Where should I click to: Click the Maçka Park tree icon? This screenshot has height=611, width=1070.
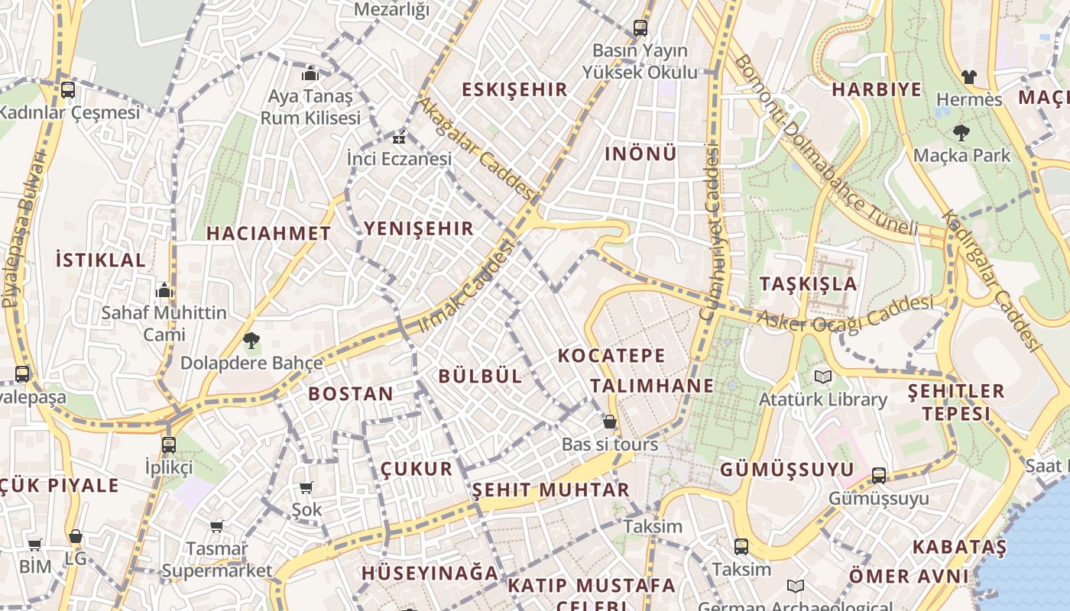[x=961, y=133]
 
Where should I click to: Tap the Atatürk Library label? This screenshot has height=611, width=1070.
[x=823, y=399]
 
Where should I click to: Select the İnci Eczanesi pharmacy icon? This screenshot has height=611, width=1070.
[x=399, y=138]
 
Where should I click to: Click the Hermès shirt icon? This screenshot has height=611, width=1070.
[x=969, y=77]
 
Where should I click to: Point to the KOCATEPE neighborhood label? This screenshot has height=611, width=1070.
[x=611, y=356]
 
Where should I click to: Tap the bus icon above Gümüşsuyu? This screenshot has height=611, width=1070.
[x=879, y=476]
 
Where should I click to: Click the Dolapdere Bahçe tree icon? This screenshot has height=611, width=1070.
[x=251, y=341]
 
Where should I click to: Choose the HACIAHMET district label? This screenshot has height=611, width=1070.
[x=268, y=234]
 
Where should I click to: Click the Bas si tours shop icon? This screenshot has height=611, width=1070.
[x=610, y=422]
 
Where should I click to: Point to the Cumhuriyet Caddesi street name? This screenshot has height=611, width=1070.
[x=712, y=233]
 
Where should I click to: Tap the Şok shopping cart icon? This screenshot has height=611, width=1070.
[x=306, y=487]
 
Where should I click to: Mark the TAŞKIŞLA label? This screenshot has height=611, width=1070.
[x=809, y=284]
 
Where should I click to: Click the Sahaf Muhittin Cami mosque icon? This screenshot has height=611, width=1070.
[x=164, y=291]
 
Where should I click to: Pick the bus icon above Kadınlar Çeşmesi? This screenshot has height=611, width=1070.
[x=68, y=90]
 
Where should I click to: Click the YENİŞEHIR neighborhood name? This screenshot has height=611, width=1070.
[x=419, y=228]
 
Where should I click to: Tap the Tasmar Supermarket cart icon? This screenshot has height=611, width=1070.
[x=217, y=526]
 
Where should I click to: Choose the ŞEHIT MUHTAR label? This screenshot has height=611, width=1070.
[x=550, y=490]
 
